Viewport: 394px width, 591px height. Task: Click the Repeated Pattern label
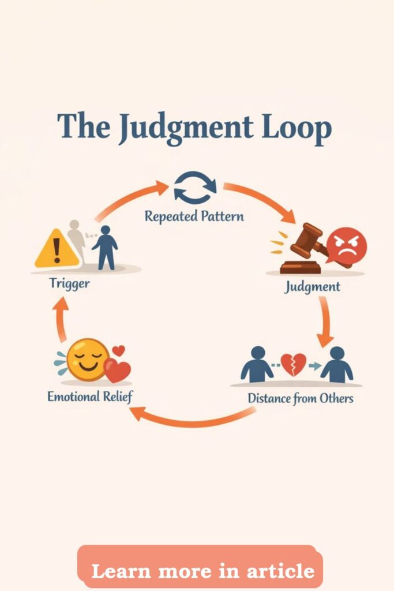[x=194, y=217]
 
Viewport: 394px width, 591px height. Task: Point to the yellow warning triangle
[x=56, y=250]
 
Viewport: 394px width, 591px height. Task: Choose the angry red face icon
[x=346, y=246]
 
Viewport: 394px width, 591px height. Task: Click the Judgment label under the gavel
[x=312, y=286]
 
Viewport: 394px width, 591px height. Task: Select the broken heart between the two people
[x=293, y=365]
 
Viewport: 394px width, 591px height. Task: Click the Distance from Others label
[x=300, y=398]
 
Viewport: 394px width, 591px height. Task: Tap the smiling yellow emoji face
[x=87, y=358]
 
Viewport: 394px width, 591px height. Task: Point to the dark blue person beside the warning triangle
[x=104, y=248]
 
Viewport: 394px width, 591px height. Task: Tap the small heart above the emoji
[x=118, y=350]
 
